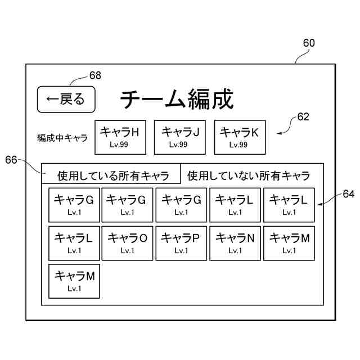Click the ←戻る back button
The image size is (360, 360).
(66, 100)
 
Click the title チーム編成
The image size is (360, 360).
(177, 99)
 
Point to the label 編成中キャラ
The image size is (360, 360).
(62, 137)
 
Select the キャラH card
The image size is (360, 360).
(120, 137)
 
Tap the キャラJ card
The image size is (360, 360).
(180, 137)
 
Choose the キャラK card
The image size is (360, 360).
(238, 137)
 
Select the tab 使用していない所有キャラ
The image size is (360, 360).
(249, 175)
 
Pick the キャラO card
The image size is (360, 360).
(128, 243)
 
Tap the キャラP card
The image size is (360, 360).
(181, 243)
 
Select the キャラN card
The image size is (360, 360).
(235, 243)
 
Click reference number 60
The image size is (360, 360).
(309, 43)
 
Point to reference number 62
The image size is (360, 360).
(303, 117)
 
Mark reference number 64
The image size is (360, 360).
(349, 194)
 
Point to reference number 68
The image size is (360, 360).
(95, 75)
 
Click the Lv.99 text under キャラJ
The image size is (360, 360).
(180, 145)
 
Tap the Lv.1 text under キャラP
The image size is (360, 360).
(181, 251)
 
